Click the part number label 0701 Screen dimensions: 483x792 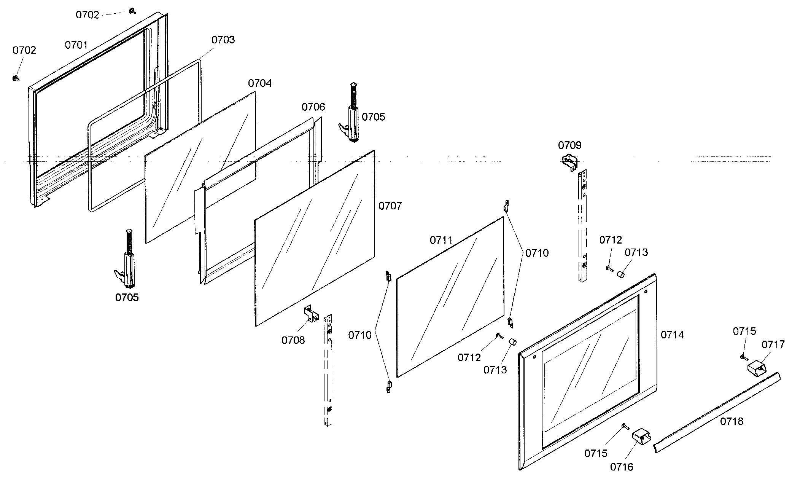(x=76, y=45)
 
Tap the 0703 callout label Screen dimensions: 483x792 (x=223, y=40)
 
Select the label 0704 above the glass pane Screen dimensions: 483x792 (x=260, y=83)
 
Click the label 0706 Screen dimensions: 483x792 (x=313, y=107)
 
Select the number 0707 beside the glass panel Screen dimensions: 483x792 (x=390, y=206)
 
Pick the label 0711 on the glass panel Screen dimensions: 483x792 (x=441, y=240)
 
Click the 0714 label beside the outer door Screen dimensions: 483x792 (x=672, y=335)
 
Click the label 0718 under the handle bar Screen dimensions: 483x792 (x=732, y=421)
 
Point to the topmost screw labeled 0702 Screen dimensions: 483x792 (x=132, y=11)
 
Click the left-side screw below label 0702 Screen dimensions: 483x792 (x=15, y=78)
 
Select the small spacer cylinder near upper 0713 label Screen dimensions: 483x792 (x=620, y=274)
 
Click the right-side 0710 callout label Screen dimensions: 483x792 (x=537, y=253)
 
